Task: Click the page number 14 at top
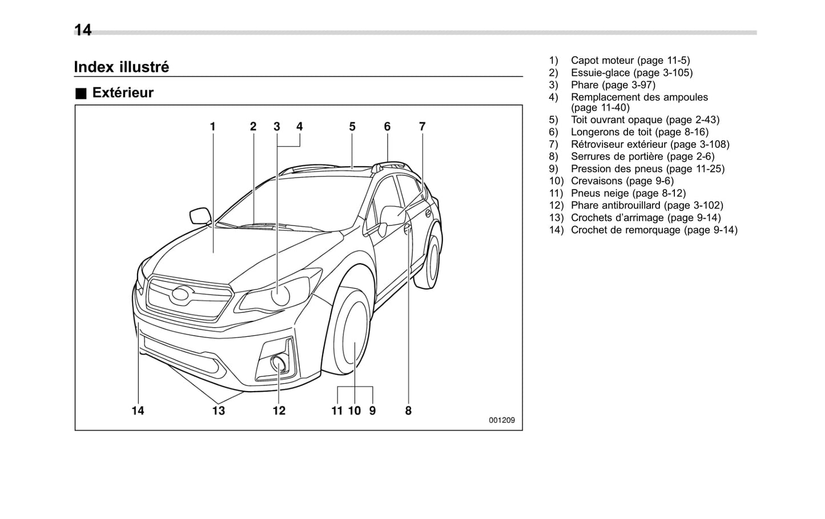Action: pos(83,30)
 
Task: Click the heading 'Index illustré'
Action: pos(121,67)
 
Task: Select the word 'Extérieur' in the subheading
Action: pos(123,92)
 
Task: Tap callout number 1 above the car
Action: pos(212,127)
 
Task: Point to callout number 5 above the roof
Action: pos(352,127)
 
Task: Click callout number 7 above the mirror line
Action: pos(422,127)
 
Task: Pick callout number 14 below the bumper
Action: pos(138,411)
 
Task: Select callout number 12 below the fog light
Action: pos(279,411)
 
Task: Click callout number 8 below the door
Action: pos(408,411)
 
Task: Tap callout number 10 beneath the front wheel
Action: pos(355,411)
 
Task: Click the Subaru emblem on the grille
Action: pos(182,295)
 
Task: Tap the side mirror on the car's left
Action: pos(200,216)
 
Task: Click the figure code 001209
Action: pos(501,420)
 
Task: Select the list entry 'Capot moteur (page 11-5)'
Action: pos(630,61)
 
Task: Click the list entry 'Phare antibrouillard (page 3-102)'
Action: pos(646,206)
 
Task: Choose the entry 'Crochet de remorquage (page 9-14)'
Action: pos(654,230)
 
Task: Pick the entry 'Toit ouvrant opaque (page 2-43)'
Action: pos(645,120)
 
